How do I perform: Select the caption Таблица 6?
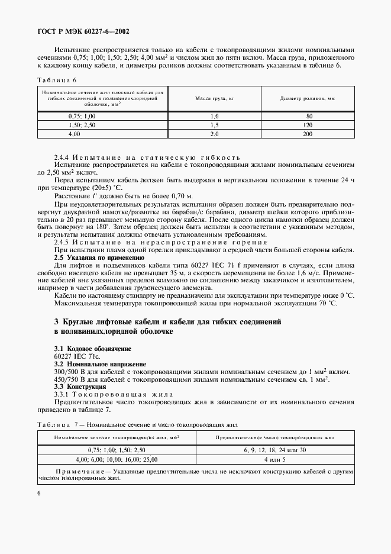click(57, 79)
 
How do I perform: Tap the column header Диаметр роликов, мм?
click(307, 98)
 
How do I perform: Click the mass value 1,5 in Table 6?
click(214, 125)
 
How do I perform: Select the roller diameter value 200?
click(307, 134)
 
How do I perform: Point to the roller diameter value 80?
click(307, 117)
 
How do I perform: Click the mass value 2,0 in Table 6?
click(214, 134)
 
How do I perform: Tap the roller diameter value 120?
click(307, 125)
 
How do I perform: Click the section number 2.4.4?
click(63, 157)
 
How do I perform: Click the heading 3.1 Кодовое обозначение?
click(93, 349)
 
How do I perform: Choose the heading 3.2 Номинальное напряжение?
click(99, 364)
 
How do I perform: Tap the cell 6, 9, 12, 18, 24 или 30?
click(275, 450)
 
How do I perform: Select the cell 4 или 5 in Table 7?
click(275, 459)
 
